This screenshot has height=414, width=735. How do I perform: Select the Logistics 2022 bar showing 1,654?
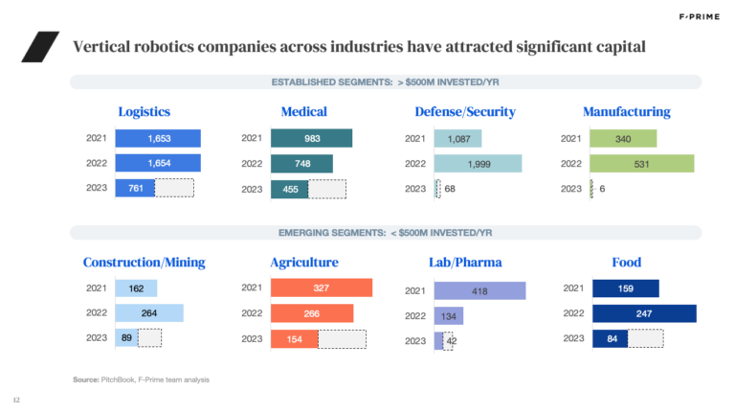pos(158,163)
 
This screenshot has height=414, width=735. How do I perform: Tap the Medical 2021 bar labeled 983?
pos(311,138)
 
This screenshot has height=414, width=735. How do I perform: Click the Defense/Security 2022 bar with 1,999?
pos(478,164)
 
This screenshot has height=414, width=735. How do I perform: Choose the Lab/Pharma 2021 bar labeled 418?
pos(479,290)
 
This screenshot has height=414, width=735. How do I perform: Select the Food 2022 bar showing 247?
pos(643,313)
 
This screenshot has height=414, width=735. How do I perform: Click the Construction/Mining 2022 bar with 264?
pos(148,313)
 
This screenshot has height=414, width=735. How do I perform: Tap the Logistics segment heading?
pos(144,112)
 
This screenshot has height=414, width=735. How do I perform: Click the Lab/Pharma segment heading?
pos(466,262)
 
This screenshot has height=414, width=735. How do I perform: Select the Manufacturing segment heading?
pos(627,112)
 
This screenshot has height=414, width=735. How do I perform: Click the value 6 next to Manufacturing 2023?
pos(602,189)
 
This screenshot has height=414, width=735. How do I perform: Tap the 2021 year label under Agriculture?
pos(252,287)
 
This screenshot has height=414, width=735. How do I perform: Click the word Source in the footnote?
pos(85,380)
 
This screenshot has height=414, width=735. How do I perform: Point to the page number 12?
pos(16,400)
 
